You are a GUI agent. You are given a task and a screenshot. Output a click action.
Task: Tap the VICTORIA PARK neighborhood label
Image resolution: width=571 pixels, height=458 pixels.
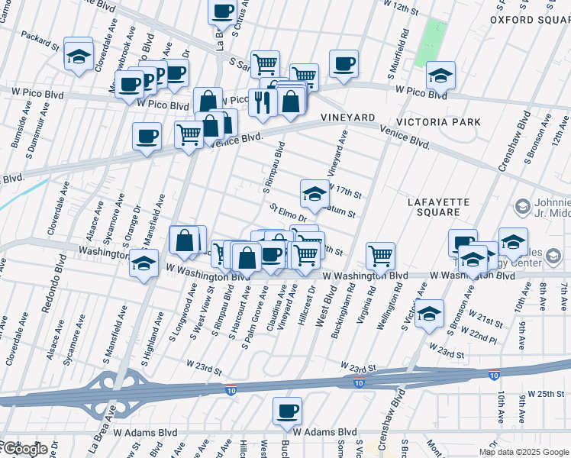click(438, 122)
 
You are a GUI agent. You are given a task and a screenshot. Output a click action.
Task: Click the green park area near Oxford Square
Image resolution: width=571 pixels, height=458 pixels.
click(432, 42)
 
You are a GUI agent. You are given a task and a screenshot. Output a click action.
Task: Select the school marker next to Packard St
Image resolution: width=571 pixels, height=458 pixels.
click(78, 55)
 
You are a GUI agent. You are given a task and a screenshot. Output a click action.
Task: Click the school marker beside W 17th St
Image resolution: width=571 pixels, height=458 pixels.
click(314, 194)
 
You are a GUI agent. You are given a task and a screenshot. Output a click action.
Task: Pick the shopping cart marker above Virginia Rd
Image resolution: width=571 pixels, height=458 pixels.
click(379, 255)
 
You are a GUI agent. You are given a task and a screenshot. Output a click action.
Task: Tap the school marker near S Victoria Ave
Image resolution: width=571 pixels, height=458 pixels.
click(430, 313)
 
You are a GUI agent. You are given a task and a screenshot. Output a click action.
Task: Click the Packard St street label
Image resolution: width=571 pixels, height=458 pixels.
click(40, 40)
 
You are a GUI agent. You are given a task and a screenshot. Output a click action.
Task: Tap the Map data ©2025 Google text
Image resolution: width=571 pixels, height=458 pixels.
click(524, 452)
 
